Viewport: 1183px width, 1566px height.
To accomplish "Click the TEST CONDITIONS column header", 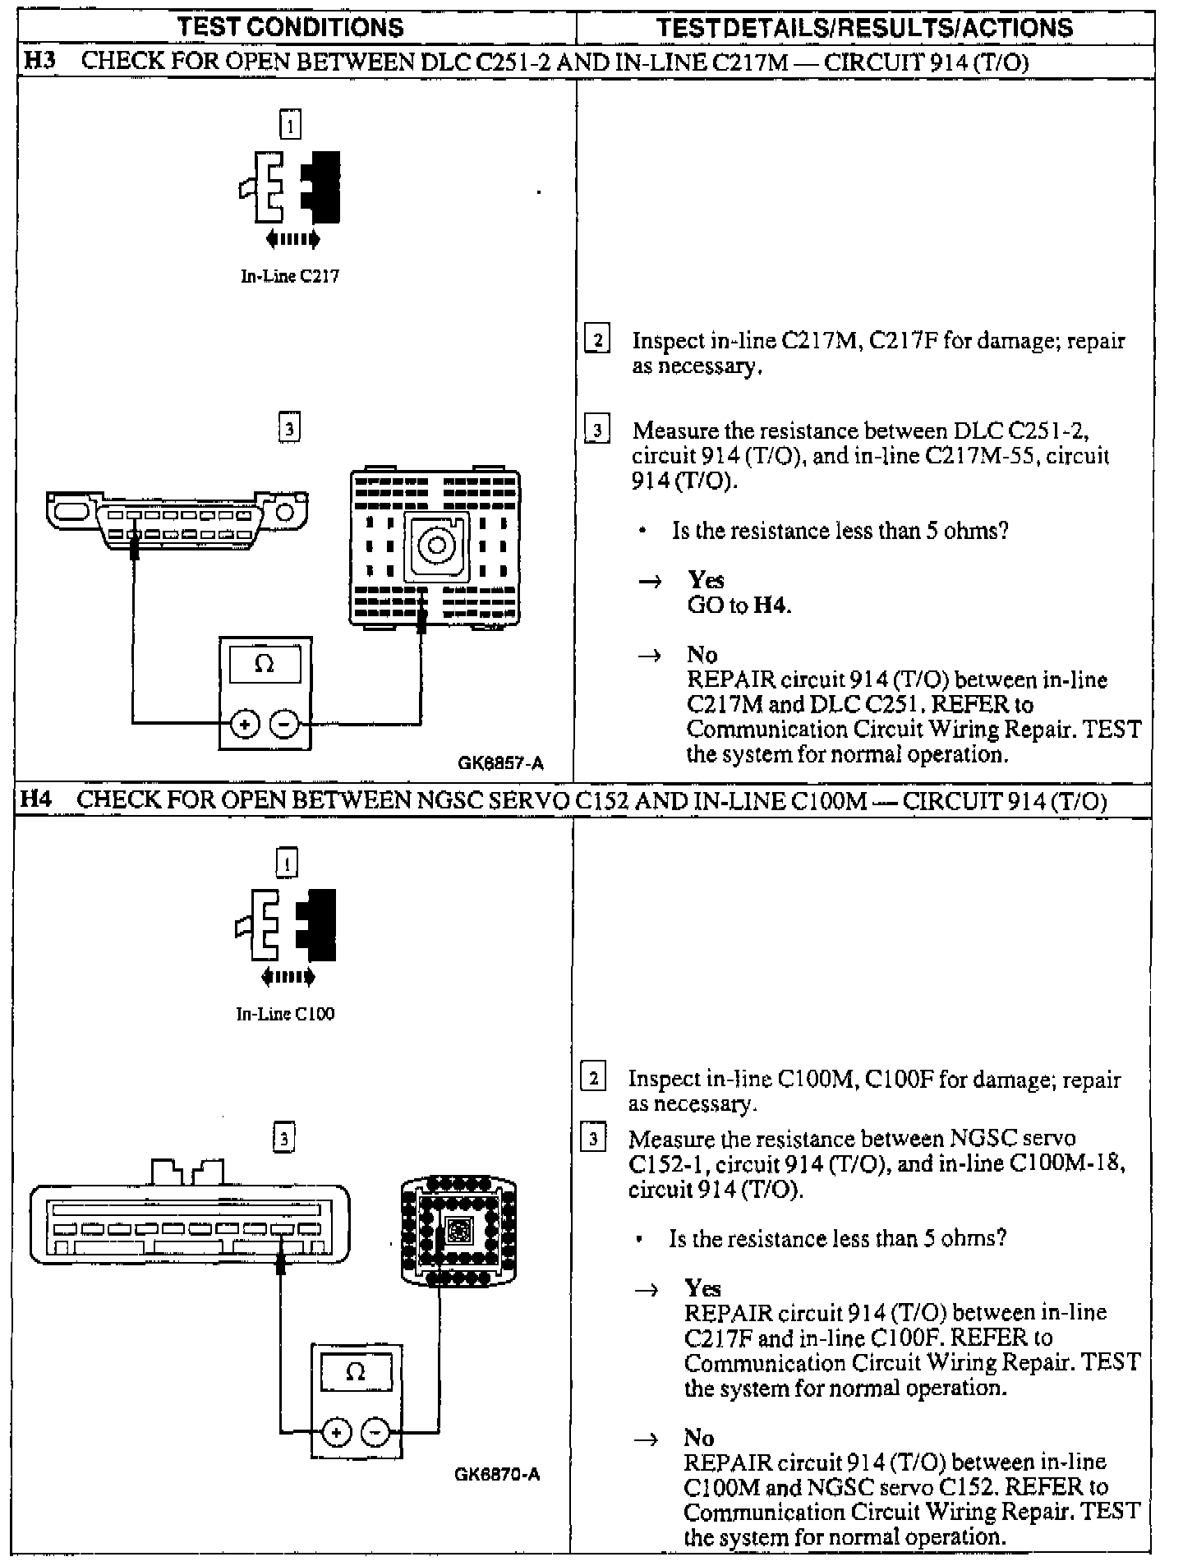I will click(x=291, y=27).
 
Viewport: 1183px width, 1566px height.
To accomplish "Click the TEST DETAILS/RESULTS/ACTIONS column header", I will click(x=864, y=27).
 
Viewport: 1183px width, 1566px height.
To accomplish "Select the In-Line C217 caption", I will click(x=289, y=276).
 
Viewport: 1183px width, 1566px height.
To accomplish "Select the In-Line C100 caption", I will click(x=285, y=1014).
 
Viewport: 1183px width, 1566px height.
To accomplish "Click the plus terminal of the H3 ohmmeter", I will click(x=245, y=724).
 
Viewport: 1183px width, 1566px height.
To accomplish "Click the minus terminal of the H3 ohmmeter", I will click(x=284, y=724).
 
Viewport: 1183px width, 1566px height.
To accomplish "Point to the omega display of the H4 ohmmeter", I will click(x=356, y=1372).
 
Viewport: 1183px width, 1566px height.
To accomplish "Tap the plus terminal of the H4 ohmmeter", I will click(x=335, y=1432).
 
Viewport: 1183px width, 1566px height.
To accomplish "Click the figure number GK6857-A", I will click(x=500, y=763).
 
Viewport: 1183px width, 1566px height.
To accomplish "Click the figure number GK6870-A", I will click(x=497, y=1474).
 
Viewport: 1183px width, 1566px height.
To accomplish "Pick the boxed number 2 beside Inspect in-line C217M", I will click(x=597, y=340).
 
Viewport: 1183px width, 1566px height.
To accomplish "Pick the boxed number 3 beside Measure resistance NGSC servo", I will click(x=593, y=1139).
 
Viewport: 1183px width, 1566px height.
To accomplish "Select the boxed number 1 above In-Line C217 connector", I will click(x=290, y=125).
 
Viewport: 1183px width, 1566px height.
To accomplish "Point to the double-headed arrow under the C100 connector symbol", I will click(x=287, y=977).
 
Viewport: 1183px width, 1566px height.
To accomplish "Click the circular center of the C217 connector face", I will click(x=436, y=545).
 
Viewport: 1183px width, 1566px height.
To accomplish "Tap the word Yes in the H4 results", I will click(x=702, y=1287).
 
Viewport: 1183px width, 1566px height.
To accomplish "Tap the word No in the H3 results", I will click(x=702, y=655).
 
